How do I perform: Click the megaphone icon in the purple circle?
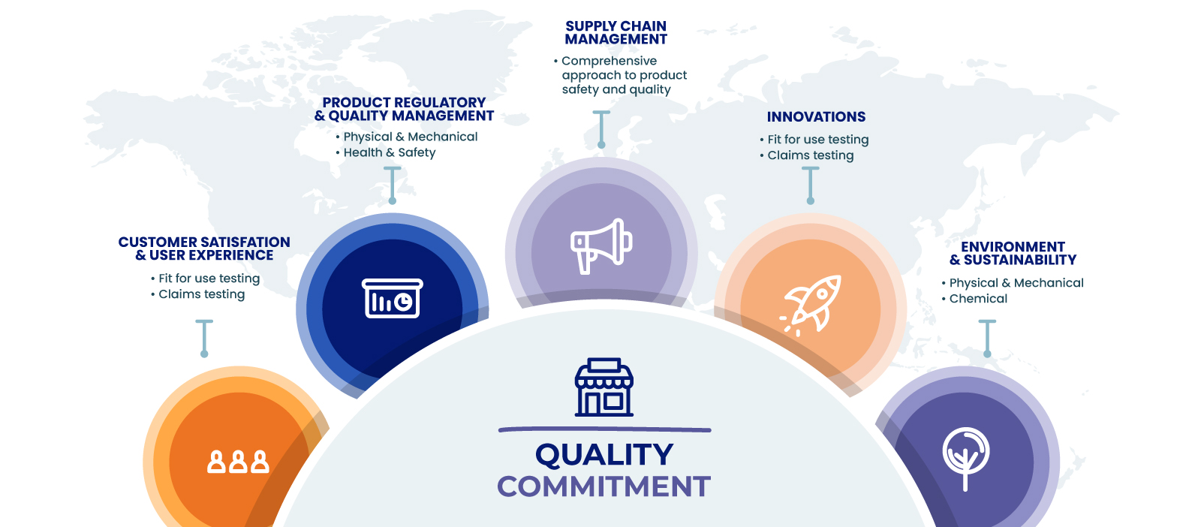point(601,247)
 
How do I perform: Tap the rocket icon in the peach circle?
point(811,306)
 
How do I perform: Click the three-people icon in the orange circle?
point(238,462)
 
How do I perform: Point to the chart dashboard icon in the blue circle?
point(393,298)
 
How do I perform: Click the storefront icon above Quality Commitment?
point(604,387)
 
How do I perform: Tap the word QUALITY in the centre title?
point(604,455)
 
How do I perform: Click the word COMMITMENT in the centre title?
point(604,486)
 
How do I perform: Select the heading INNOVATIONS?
point(816,117)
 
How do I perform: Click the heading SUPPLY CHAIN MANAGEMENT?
point(616,33)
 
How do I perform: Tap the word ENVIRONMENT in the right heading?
point(1013,247)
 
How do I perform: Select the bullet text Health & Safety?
point(390,153)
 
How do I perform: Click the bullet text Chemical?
point(978,299)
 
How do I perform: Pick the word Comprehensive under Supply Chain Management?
point(609,61)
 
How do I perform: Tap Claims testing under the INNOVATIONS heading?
point(810,155)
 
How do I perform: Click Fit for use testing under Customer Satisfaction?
point(209,279)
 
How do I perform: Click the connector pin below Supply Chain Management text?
point(601,129)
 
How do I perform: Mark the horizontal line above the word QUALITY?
point(604,429)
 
